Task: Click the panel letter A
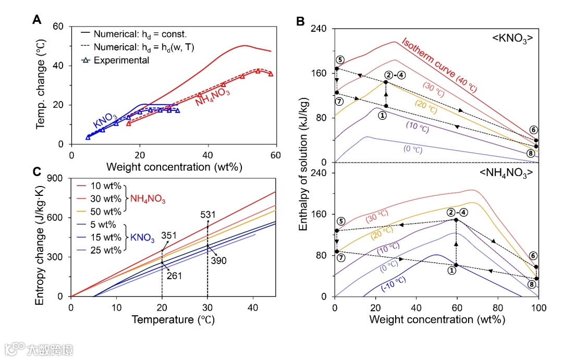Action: click(x=36, y=20)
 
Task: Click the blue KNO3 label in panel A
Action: click(x=106, y=120)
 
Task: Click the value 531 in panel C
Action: click(x=207, y=215)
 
